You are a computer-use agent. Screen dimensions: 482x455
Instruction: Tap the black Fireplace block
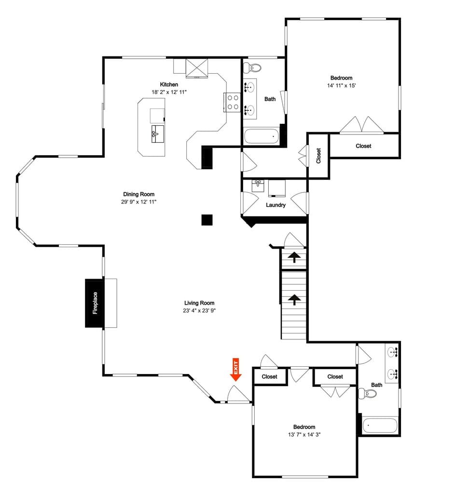(x=95, y=303)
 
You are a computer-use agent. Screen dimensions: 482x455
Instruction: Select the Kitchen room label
(x=169, y=84)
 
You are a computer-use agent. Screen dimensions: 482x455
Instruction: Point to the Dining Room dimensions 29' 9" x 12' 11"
(x=139, y=201)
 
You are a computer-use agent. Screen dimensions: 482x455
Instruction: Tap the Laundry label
(x=276, y=205)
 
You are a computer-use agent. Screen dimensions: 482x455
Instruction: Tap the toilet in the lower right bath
(x=370, y=394)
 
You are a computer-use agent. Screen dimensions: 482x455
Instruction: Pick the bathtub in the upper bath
(x=262, y=136)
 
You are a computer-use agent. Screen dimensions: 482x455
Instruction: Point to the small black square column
(x=207, y=220)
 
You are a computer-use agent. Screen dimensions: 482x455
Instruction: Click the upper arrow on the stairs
(x=293, y=257)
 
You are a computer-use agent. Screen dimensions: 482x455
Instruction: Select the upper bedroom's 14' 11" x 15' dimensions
(x=341, y=85)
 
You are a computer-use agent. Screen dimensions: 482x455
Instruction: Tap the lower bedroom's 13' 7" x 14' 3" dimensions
(x=304, y=434)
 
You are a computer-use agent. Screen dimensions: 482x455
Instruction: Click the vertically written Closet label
(x=318, y=155)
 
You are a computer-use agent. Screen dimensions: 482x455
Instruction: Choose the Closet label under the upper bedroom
(x=363, y=146)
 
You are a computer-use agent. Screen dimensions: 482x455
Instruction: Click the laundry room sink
(x=258, y=185)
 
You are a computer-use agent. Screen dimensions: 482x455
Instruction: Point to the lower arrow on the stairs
(x=294, y=300)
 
